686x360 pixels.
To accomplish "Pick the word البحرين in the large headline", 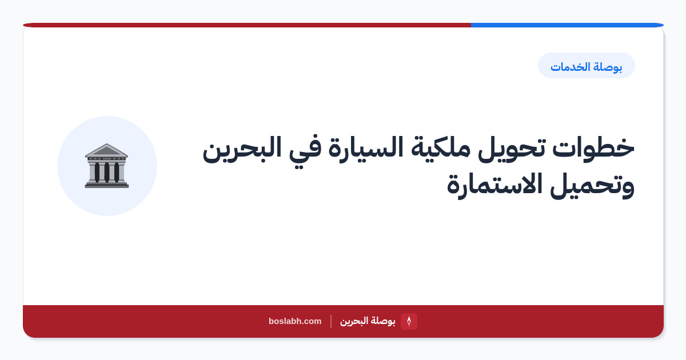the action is [x=242, y=149].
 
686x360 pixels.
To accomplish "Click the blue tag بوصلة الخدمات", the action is [x=586, y=66].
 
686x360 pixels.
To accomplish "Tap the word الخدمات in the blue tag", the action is [x=571, y=66].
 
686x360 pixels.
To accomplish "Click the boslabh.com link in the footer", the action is [x=295, y=321].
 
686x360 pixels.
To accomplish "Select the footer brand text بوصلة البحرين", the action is [x=368, y=321].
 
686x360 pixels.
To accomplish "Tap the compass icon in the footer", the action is [x=409, y=321].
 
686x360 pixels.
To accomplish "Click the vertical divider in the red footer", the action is [x=331, y=321].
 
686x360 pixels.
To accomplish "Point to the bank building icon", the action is [x=106, y=166].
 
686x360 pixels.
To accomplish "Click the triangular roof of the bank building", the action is [x=106, y=150].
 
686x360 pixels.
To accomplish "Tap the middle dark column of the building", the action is [x=106, y=173].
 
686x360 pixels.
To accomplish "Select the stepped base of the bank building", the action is [x=106, y=185].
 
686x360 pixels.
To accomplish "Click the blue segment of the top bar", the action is [x=567, y=25].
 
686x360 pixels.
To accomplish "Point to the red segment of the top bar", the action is [x=247, y=25].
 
